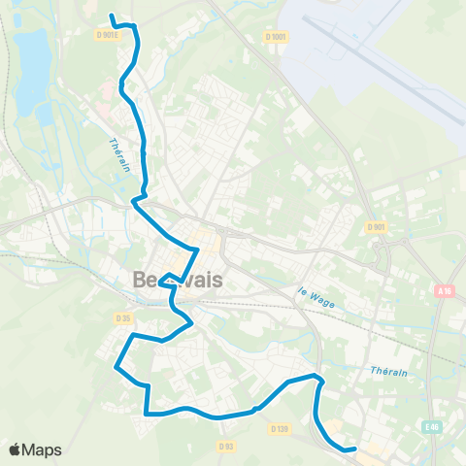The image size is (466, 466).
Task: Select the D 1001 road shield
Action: (x=277, y=37)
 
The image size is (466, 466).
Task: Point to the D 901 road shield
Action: (x=376, y=227)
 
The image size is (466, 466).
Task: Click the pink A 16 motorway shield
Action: (x=445, y=290)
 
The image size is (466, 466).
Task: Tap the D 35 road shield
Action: (x=122, y=317)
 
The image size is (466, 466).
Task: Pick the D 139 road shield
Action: (x=280, y=428)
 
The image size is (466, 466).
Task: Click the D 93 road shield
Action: (x=226, y=447)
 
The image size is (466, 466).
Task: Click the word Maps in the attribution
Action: (x=43, y=449)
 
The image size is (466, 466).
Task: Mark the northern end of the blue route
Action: (x=111, y=17)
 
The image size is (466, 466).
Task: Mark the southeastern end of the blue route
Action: (x=355, y=449)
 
